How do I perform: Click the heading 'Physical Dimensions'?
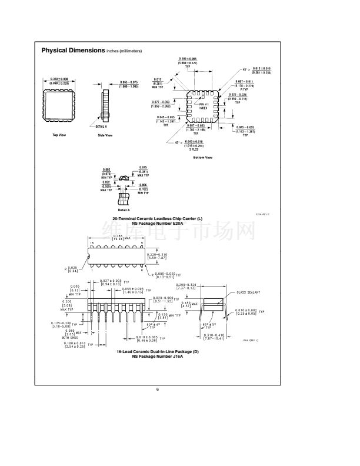point(73,51)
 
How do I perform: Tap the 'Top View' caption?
point(59,135)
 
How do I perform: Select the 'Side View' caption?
point(105,135)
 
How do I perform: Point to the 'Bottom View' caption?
point(202,158)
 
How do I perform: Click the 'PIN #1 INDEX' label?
point(203,106)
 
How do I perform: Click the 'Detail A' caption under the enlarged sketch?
point(124,209)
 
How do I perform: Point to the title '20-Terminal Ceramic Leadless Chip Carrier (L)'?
point(157,218)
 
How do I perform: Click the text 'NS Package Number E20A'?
point(157,223)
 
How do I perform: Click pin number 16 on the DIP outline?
point(91,242)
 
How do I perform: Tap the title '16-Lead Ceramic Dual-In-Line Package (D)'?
point(157,351)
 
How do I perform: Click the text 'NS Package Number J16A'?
point(157,356)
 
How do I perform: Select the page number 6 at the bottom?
point(158,390)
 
